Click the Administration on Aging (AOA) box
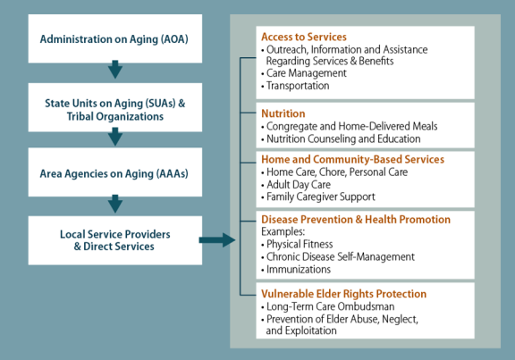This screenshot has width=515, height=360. pos(115,38)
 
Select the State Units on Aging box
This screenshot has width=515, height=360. pos(115,107)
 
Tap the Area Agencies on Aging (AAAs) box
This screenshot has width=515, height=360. pos(115,172)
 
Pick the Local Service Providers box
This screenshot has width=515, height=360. pos(115,240)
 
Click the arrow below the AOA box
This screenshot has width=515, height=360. pos(115,70)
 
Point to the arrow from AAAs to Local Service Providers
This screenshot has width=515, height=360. pos(115,204)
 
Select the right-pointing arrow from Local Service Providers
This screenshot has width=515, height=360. pos(217,240)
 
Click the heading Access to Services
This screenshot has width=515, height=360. pos(304,37)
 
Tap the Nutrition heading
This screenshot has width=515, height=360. pos(283,113)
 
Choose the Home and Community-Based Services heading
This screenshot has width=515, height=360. pos(353,160)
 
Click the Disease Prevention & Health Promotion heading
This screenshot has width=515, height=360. pos(356,219)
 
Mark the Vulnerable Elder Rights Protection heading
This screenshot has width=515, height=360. pos(344,294)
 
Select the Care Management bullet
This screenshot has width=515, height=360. pos(304,73)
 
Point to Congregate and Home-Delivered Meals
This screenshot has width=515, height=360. pos(350,126)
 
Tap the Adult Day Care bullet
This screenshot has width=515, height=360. pos(296,185)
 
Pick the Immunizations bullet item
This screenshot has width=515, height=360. pos(296,270)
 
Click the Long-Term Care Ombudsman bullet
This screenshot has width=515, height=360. pos(328,306)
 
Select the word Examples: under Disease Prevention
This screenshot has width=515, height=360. pos(283,231)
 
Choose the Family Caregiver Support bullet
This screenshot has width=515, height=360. pos(318,197)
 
